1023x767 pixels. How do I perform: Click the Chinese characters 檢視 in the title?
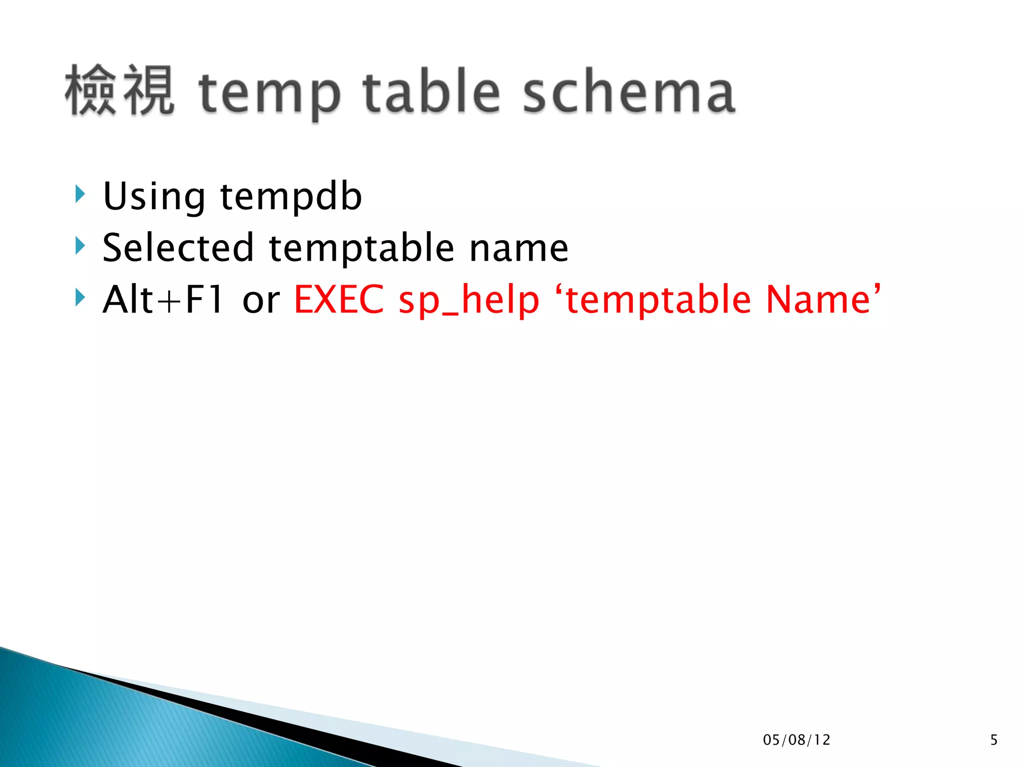(120, 91)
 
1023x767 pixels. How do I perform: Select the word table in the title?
(431, 91)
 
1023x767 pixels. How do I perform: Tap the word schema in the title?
(629, 92)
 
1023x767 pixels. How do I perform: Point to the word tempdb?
(291, 197)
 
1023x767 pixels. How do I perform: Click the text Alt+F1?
(163, 300)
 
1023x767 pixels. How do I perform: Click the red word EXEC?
(339, 300)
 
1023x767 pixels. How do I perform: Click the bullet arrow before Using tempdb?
(80, 194)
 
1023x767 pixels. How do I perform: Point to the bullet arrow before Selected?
(80, 245)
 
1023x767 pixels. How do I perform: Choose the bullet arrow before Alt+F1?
(80, 297)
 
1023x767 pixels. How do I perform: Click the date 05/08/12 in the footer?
(796, 740)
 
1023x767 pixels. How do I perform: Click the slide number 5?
(994, 740)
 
